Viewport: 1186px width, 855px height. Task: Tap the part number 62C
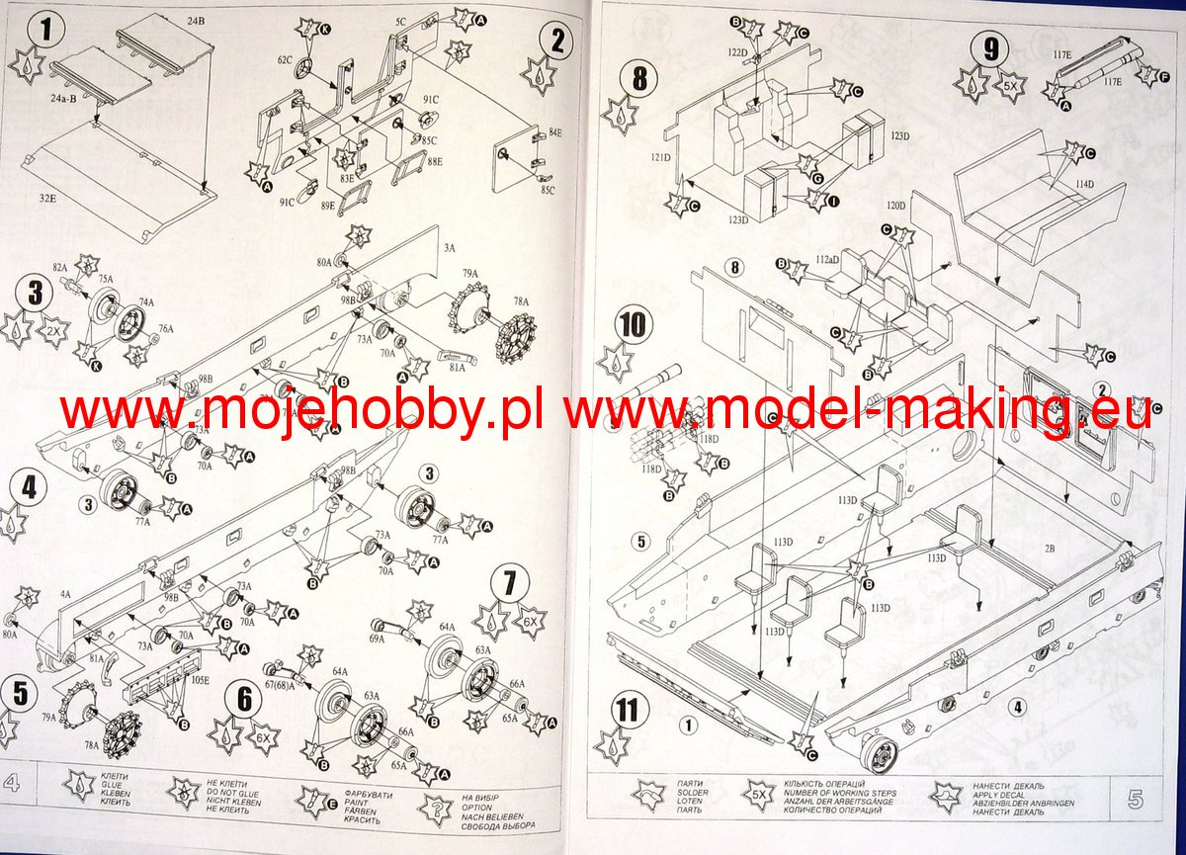(286, 60)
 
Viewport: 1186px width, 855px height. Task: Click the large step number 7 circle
(508, 584)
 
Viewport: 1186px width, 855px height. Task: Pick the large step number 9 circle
(985, 46)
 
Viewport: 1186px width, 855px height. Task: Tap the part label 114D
(1085, 185)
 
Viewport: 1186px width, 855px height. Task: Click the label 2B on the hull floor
(1050, 547)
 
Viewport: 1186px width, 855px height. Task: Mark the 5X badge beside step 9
(1010, 86)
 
